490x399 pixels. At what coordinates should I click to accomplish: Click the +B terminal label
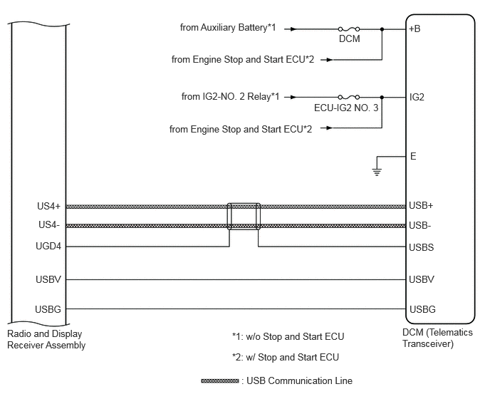point(415,28)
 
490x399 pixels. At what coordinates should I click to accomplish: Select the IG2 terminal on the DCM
point(417,97)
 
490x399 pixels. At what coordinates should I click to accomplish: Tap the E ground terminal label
point(413,156)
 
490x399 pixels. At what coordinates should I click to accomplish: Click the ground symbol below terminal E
point(377,172)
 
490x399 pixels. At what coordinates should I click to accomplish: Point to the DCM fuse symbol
point(349,29)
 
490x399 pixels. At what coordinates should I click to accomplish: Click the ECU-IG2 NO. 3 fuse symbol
point(349,97)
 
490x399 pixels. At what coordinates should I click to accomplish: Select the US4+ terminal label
point(48,207)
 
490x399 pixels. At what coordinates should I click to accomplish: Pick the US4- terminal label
point(49,225)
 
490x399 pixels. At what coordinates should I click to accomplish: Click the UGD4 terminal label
point(48,247)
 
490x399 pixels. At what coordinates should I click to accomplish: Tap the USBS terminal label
point(422,247)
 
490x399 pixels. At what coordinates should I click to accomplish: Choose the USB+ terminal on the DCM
point(421,205)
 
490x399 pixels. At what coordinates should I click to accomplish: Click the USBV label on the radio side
point(48,279)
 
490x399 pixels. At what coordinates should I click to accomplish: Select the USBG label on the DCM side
point(422,309)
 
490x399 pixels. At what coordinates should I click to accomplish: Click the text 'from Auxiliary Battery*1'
point(228,28)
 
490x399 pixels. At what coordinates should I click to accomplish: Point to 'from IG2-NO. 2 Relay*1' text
point(231,96)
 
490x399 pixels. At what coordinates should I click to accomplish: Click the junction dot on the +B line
point(382,29)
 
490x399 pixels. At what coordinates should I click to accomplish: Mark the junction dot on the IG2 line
point(382,97)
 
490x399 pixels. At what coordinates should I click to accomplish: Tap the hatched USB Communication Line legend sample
point(220,381)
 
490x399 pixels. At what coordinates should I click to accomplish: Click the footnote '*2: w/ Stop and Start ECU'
point(286,357)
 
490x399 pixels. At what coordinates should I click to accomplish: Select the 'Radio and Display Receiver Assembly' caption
point(46,340)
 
